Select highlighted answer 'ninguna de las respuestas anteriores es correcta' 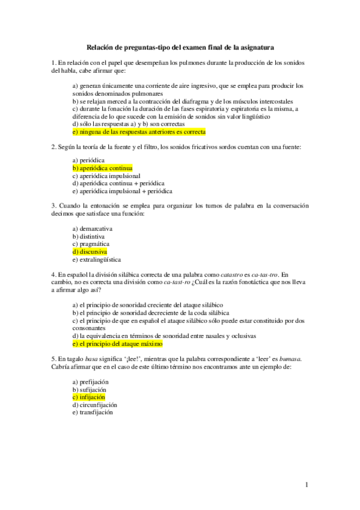138,131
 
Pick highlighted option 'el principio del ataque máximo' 117,345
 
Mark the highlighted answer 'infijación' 88,398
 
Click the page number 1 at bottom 307,484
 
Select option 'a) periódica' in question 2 88,161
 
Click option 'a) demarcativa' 92,229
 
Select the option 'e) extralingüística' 96,260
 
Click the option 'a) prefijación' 91,382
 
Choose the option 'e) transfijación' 93,413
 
